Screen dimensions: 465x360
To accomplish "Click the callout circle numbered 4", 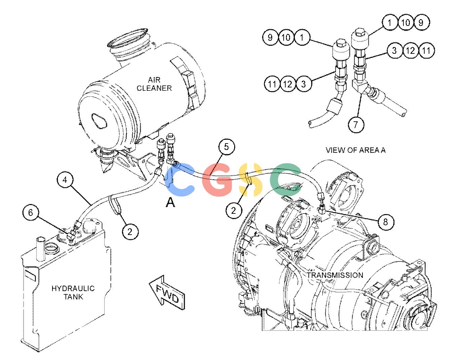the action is click(65, 180).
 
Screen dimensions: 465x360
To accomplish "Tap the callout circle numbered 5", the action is click(226, 147).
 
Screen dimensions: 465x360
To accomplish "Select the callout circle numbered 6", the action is click(31, 212).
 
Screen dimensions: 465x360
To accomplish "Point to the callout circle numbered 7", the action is click(356, 124).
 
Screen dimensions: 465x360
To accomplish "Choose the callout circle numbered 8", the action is click(386, 222).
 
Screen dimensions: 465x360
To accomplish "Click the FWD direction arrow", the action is click(167, 292).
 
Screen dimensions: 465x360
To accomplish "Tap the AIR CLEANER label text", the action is click(154, 84).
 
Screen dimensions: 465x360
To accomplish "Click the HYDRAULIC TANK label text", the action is click(73, 292).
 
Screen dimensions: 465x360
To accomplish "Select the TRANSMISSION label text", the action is click(335, 275).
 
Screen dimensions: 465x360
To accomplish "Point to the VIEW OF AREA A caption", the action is click(355, 150).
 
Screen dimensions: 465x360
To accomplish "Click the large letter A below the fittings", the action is click(170, 202).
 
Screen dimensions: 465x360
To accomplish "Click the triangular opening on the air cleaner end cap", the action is click(99, 121).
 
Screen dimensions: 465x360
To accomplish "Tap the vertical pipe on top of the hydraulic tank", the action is click(40, 249).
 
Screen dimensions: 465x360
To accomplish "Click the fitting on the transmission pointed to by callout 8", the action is click(322, 208).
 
